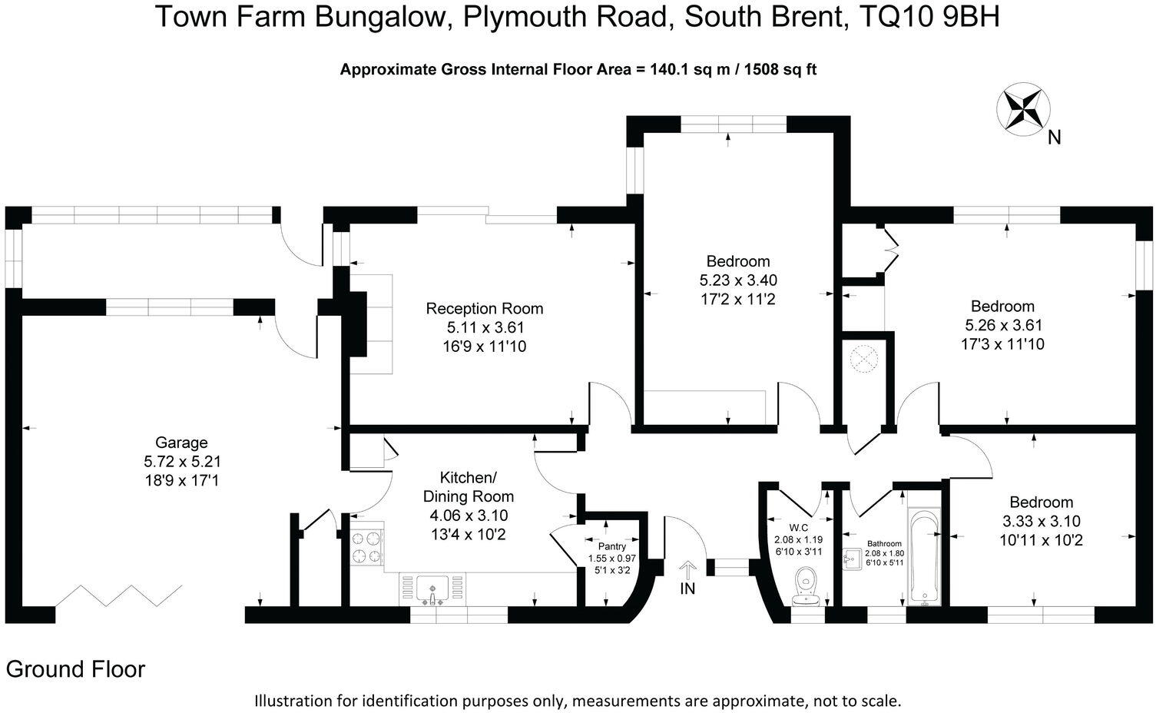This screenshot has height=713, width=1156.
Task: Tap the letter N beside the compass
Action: click(x=1055, y=138)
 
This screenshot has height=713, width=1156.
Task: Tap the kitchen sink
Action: click(x=432, y=591)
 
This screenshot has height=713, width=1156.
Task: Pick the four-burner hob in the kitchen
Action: click(x=366, y=546)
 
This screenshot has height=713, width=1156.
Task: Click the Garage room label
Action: click(x=181, y=443)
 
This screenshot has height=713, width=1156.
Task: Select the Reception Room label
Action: click(x=485, y=309)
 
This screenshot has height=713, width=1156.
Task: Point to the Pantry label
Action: click(x=612, y=546)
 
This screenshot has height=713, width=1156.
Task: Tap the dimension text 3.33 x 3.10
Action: click(x=1041, y=521)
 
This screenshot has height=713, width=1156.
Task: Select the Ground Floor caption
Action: click(x=75, y=669)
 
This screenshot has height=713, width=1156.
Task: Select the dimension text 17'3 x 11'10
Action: click(x=1002, y=344)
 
